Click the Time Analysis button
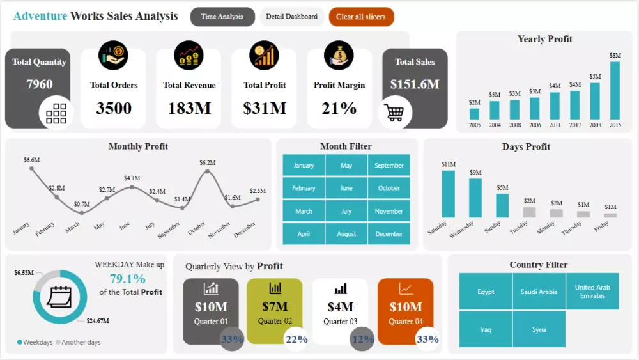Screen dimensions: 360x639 coord(222,17)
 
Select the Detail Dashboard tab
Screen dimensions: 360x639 coord(291,17)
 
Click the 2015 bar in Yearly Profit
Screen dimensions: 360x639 coord(615,90)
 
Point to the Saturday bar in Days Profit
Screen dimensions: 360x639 coord(449,194)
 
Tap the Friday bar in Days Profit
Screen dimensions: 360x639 coord(610,215)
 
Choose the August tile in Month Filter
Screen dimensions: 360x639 coord(346,234)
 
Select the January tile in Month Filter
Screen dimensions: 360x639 coord(304,166)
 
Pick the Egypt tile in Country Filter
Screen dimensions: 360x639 coord(486,292)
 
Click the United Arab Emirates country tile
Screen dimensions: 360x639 coord(592,292)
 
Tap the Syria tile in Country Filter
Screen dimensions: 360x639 coord(539,329)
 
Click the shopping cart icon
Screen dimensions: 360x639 coord(395,113)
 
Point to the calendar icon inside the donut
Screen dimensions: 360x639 coord(59,297)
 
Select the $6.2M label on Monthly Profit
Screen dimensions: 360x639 coord(208,163)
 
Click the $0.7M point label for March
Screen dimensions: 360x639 coord(82,204)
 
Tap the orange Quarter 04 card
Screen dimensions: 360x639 coord(405,311)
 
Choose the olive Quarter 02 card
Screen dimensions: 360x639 coord(275,311)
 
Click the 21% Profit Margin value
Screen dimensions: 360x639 coord(339,108)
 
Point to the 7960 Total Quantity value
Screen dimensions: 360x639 coord(40,84)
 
